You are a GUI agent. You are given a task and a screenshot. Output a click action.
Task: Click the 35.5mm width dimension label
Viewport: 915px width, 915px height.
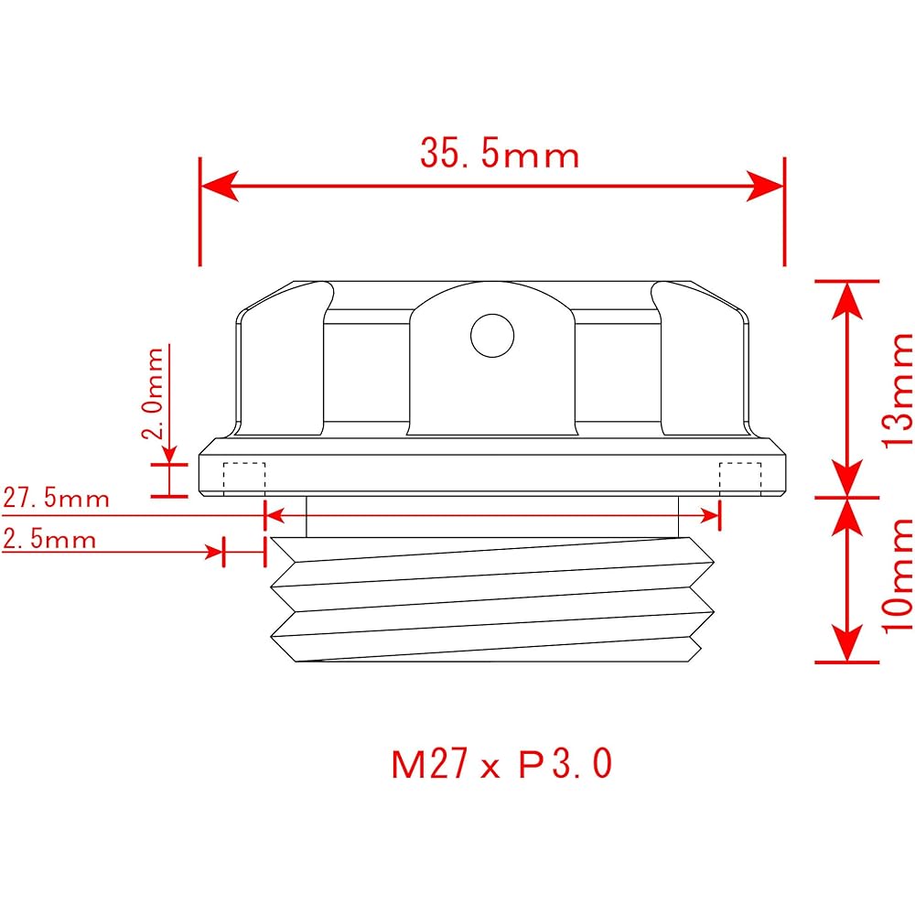click(500, 154)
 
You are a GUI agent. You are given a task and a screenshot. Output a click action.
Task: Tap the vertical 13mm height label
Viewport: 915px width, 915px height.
click(898, 390)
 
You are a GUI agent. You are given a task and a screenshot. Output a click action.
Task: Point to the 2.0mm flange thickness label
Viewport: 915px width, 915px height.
click(153, 393)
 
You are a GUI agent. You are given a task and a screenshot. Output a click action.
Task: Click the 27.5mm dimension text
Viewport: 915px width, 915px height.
click(57, 499)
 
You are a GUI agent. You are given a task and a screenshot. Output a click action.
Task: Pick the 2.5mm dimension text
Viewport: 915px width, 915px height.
click(49, 539)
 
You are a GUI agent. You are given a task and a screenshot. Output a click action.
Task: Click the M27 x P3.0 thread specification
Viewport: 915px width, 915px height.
click(501, 764)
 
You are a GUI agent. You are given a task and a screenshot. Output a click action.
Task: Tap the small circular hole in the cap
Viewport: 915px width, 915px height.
click(492, 336)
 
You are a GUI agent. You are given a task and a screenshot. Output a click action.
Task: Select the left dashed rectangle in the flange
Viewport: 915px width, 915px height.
click(244, 478)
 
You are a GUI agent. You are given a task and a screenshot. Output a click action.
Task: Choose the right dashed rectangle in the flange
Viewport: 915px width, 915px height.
click(740, 478)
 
